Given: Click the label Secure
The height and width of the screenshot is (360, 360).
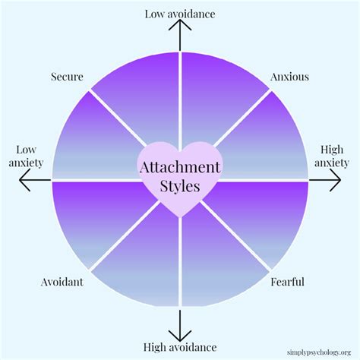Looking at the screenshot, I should tap(67, 77).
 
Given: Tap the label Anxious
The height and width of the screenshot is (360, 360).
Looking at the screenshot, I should tap(289, 77).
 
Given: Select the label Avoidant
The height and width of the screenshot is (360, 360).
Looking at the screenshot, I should tap(62, 283).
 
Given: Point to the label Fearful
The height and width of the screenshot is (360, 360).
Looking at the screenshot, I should tap(288, 283).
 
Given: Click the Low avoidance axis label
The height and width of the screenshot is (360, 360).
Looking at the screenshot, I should tap(179, 13).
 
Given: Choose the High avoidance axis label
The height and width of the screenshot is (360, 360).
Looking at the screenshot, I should tap(179, 347).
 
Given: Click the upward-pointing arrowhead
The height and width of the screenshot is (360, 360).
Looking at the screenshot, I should tap(180, 26).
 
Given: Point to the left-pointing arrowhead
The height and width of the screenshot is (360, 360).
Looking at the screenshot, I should tap(23, 180).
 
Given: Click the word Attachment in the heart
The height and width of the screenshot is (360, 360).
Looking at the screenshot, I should tap(180, 166).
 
